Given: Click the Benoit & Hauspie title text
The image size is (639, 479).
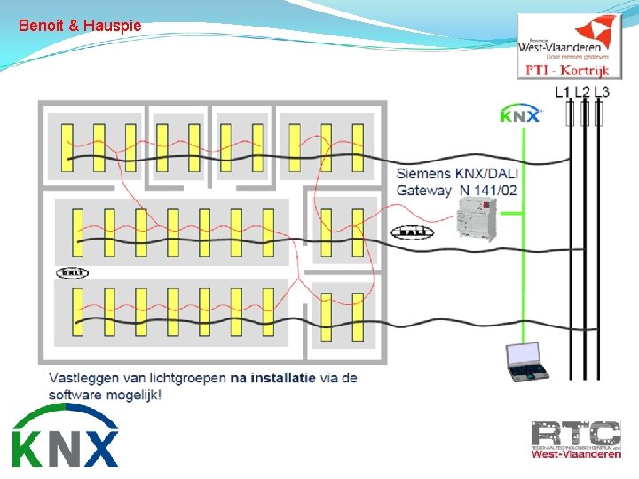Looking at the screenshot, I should tap(80, 26).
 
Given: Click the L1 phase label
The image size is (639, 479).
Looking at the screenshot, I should tap(563, 91).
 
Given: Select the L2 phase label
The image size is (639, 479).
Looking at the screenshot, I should tap(582, 91).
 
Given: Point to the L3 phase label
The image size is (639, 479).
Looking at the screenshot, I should tap(602, 91).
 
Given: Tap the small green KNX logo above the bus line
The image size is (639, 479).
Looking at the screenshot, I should tap(519, 115).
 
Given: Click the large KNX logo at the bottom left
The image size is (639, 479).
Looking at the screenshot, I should tap(65, 436).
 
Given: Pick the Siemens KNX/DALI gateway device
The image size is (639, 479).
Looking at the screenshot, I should tap(477, 218).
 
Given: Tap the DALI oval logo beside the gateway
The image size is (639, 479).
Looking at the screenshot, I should tap(412, 232).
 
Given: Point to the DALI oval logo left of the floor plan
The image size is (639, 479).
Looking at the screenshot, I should tap(73, 272).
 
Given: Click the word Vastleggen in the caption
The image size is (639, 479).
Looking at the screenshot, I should tap(83, 377).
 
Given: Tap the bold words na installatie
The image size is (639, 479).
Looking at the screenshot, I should tap(272, 377).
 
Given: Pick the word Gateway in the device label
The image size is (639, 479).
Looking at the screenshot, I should tap(423, 190).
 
